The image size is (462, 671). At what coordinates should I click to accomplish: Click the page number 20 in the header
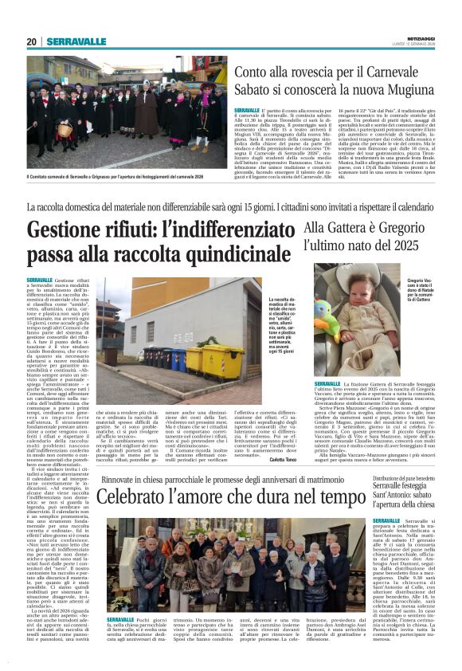[x=32, y=41]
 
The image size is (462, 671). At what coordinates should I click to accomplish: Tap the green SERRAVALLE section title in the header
[x=76, y=41]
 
